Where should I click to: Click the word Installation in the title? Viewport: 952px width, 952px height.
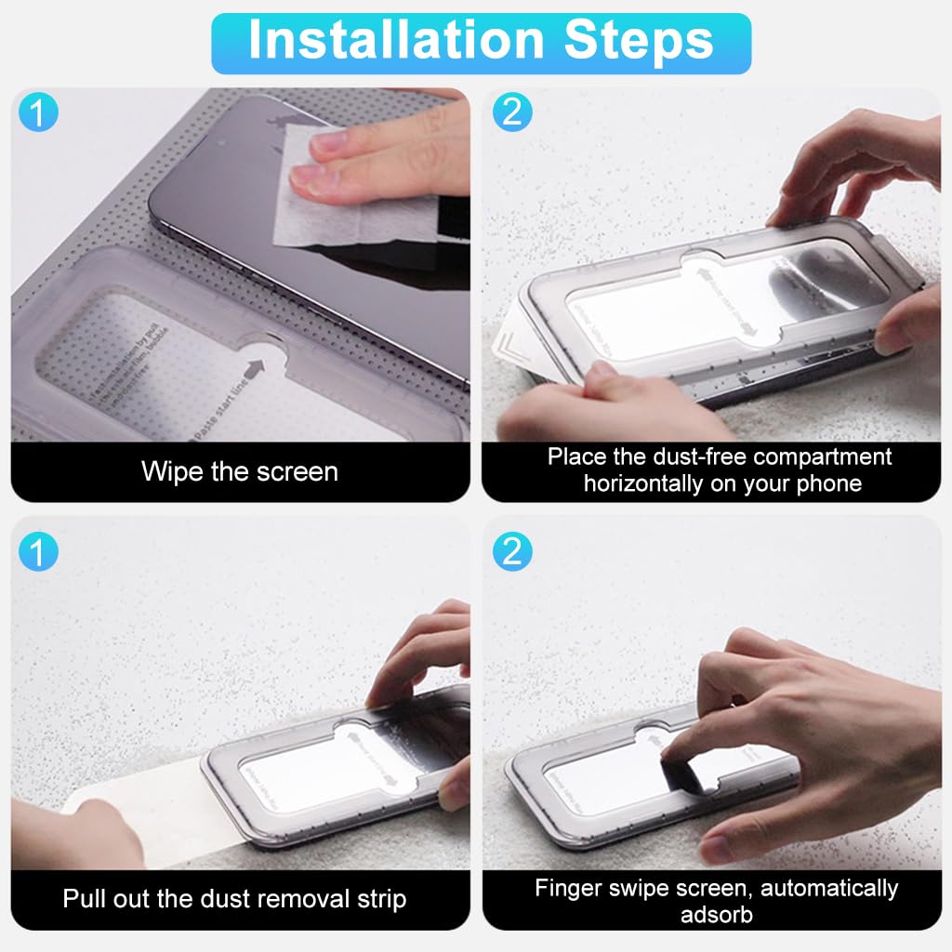tap(395, 40)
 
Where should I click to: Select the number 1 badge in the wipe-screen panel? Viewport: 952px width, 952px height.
tap(39, 113)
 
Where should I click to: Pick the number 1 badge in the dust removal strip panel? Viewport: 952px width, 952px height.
tap(39, 552)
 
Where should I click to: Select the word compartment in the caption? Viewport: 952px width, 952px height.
tap(823, 456)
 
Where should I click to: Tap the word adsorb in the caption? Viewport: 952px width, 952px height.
tap(715, 914)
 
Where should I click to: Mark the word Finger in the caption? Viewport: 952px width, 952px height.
tap(568, 888)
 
